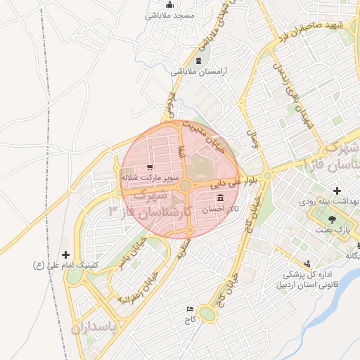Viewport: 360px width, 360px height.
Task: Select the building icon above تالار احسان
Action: coord(221,198)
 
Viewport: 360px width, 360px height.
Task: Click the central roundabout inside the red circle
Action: coord(185,186)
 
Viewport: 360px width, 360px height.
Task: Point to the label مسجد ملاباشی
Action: coord(171,14)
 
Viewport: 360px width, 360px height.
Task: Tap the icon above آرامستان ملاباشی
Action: coord(198,61)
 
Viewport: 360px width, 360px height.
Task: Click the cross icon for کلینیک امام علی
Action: coord(66,255)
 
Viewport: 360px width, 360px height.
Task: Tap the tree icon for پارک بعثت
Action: coord(331,220)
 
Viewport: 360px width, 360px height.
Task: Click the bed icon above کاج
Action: coord(189,309)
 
